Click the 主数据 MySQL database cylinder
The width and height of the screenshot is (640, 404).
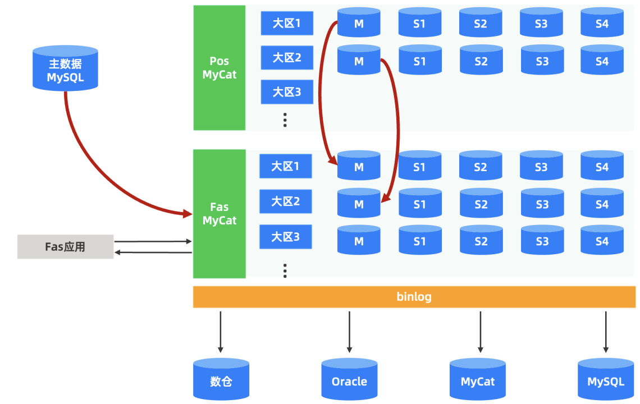click(65, 68)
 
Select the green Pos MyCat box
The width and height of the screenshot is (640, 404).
click(220, 68)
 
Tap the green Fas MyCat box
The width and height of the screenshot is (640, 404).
click(220, 214)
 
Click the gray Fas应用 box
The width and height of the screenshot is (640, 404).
click(65, 247)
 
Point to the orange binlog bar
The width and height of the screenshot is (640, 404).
click(414, 297)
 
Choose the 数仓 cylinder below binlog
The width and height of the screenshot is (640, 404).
click(221, 380)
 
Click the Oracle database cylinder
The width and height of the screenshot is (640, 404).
click(349, 380)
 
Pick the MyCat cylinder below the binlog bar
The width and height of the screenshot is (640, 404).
click(478, 380)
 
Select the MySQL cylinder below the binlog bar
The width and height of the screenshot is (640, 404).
click(606, 380)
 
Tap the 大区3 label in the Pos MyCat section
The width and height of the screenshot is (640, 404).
click(287, 92)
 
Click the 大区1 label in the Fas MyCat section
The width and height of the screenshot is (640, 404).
click(286, 167)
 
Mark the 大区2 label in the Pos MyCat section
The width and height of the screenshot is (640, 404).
click(287, 58)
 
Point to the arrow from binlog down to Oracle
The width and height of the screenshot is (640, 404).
click(349, 331)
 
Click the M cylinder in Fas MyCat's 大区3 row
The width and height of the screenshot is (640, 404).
click(359, 240)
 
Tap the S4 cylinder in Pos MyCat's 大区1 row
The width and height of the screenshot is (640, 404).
click(602, 23)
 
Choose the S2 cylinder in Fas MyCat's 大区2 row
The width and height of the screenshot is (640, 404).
click(481, 204)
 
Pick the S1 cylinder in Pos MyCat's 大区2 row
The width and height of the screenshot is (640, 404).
click(420, 61)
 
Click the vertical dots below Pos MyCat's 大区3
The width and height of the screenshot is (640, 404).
click(285, 120)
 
